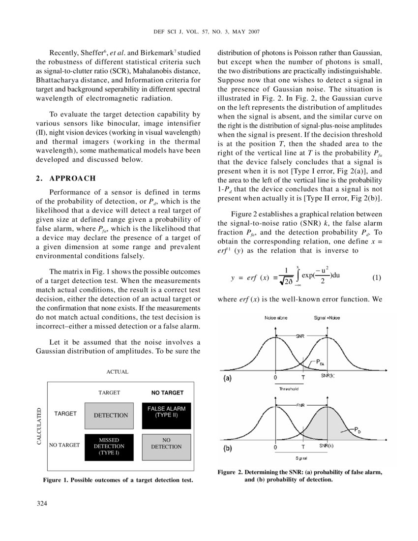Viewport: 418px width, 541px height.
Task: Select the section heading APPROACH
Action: pyautogui.click(x=73, y=178)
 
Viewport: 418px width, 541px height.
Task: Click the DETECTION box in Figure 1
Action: pyautogui.click(x=111, y=415)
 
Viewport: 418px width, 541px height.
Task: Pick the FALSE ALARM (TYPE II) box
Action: pyautogui.click(x=167, y=412)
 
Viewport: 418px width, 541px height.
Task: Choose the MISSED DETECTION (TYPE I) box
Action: pyautogui.click(x=109, y=447)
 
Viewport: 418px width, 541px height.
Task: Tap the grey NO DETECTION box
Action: pyautogui.click(x=166, y=444)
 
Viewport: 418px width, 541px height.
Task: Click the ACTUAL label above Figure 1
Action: pyautogui.click(x=117, y=372)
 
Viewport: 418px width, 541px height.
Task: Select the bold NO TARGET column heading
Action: pyautogui.click(x=167, y=393)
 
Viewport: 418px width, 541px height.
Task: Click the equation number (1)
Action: pyautogui.click(x=377, y=278)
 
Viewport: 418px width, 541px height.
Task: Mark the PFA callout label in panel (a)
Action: pyautogui.click(x=320, y=362)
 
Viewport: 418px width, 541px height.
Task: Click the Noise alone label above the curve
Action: pyautogui.click(x=276, y=318)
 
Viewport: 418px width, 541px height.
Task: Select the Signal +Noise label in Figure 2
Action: pyautogui.click(x=327, y=318)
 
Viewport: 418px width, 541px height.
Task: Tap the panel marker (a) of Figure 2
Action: pyautogui.click(x=228, y=379)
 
